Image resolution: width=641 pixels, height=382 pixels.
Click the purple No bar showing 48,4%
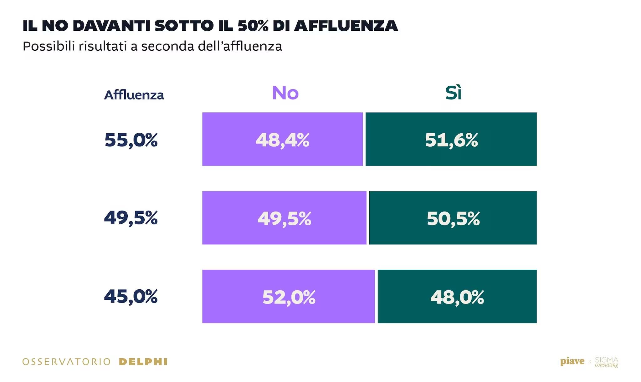pyautogui.click(x=282, y=139)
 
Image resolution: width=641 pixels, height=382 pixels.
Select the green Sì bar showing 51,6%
pyautogui.click(x=451, y=139)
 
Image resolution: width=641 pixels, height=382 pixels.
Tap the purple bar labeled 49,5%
pyautogui.click(x=284, y=218)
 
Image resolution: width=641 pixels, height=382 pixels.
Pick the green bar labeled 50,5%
pyautogui.click(x=453, y=218)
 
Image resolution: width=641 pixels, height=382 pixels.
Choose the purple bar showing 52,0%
pyautogui.click(x=288, y=296)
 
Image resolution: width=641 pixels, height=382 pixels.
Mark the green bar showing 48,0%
pyautogui.click(x=457, y=296)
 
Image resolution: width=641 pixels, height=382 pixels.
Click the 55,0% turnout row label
pyautogui.click(x=131, y=140)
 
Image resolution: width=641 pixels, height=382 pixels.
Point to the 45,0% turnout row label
pyautogui.click(x=131, y=296)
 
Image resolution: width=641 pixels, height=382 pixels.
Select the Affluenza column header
pyautogui.click(x=134, y=95)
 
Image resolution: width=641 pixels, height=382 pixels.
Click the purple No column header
pyautogui.click(x=285, y=93)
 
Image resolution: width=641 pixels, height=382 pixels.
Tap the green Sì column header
pyautogui.click(x=453, y=93)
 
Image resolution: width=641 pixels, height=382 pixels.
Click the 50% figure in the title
pyautogui.click(x=253, y=26)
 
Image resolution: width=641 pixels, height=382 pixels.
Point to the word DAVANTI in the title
pyautogui.click(x=111, y=26)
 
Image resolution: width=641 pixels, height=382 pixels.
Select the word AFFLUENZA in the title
pyautogui.click(x=346, y=26)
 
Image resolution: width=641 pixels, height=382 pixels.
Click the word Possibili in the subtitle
pyautogui.click(x=49, y=46)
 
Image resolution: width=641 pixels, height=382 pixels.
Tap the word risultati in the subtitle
pyautogui.click(x=103, y=46)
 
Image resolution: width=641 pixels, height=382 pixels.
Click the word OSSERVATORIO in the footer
pyautogui.click(x=66, y=362)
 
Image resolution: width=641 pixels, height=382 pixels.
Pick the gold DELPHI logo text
pyautogui.click(x=143, y=362)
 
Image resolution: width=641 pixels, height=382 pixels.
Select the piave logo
pyautogui.click(x=572, y=361)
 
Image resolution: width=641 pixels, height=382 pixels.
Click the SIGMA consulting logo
pyautogui.click(x=606, y=362)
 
